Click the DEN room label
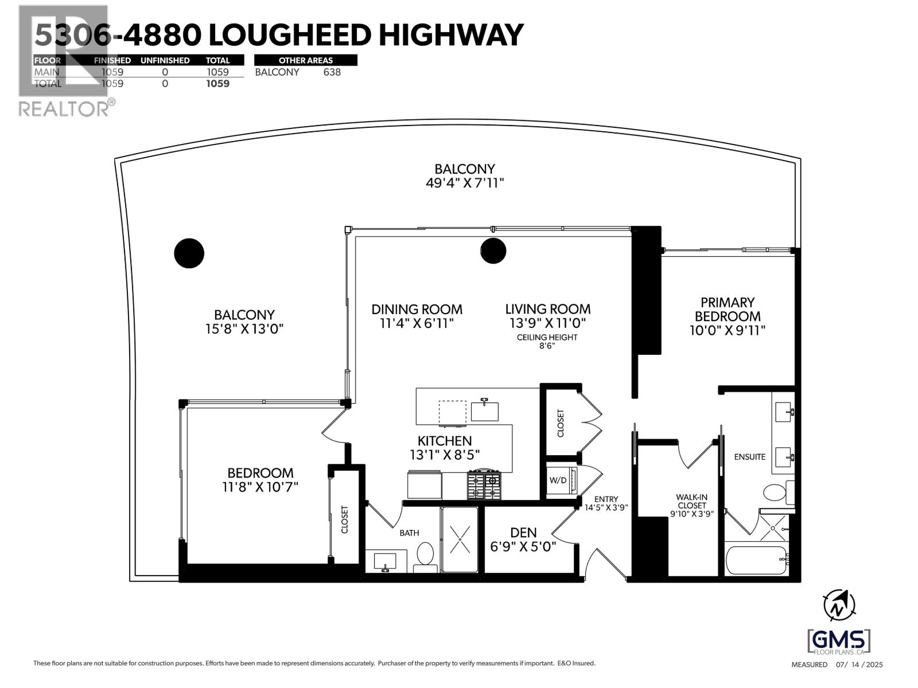[523, 533]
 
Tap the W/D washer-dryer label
[558, 480]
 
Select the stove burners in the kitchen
[485, 485]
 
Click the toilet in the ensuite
[775, 493]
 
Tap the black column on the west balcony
[189, 253]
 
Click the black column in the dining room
[493, 251]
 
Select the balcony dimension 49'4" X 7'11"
[464, 183]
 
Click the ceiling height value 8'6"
[547, 347]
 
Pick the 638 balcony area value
[332, 72]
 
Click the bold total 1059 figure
[217, 84]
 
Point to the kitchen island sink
[484, 411]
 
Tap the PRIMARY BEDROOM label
[728, 309]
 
